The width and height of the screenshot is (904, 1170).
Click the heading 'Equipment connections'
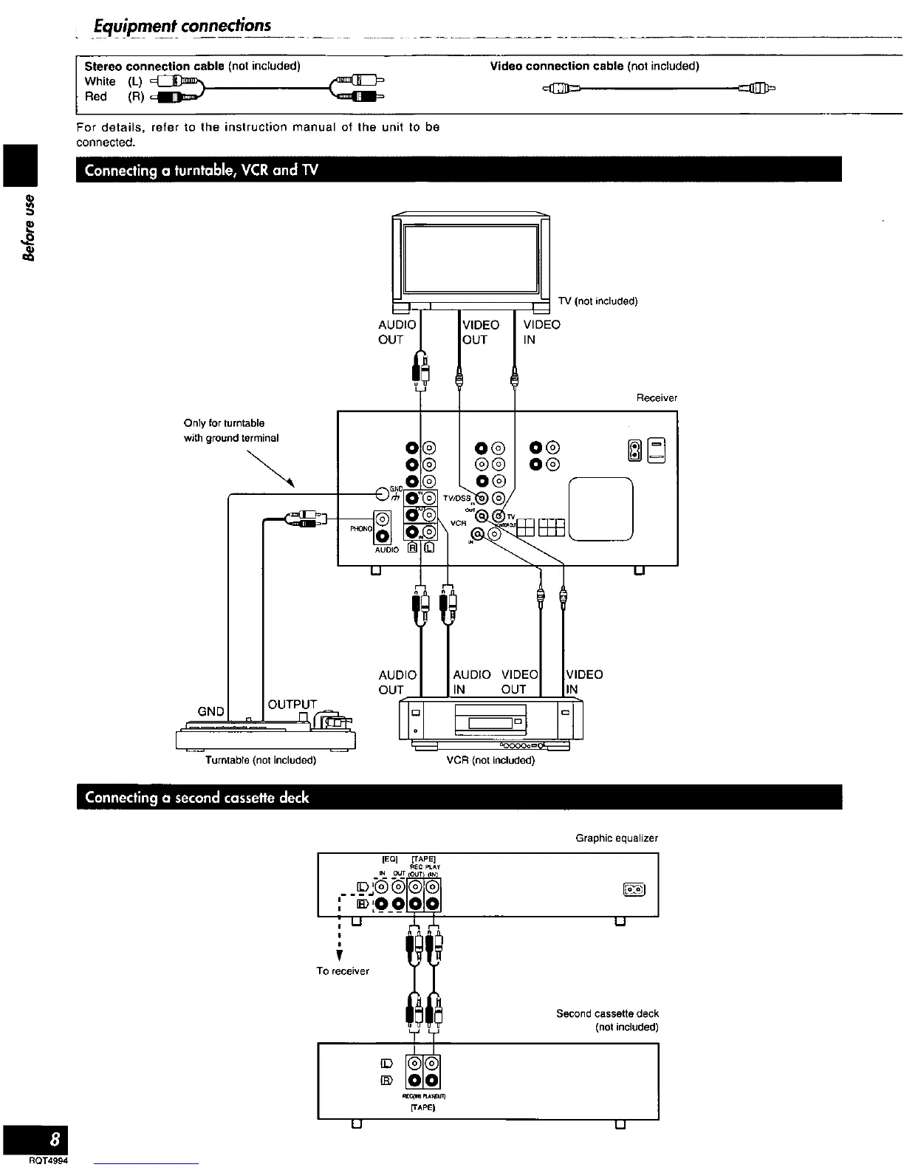[x=182, y=26]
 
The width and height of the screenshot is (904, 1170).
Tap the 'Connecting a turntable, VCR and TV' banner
[x=201, y=170]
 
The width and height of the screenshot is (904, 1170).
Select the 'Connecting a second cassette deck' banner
[x=196, y=798]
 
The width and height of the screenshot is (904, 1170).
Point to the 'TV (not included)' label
[x=597, y=301]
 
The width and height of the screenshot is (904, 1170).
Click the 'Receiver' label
[x=657, y=398]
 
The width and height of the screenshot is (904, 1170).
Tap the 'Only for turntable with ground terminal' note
[x=230, y=431]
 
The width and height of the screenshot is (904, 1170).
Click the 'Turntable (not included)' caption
[x=261, y=760]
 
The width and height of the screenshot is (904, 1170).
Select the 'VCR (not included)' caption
[x=490, y=760]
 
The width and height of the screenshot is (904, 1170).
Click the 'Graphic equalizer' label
[x=617, y=838]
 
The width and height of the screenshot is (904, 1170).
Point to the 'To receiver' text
[x=343, y=971]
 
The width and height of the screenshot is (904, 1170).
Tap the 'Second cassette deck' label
[x=607, y=1014]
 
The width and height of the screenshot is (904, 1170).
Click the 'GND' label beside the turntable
[x=210, y=711]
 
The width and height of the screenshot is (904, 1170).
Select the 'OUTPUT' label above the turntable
[x=292, y=705]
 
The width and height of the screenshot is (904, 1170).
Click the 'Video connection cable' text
[x=557, y=66]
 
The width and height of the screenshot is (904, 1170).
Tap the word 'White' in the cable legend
[x=100, y=82]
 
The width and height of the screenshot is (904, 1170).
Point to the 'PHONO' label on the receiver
[x=361, y=529]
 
